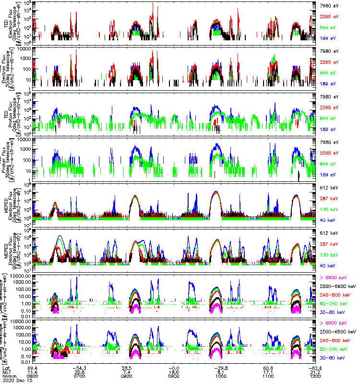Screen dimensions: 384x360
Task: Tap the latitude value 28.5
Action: pos(127,368)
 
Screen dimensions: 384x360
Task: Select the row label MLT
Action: pos(6,372)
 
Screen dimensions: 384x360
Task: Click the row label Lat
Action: pos(5,368)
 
